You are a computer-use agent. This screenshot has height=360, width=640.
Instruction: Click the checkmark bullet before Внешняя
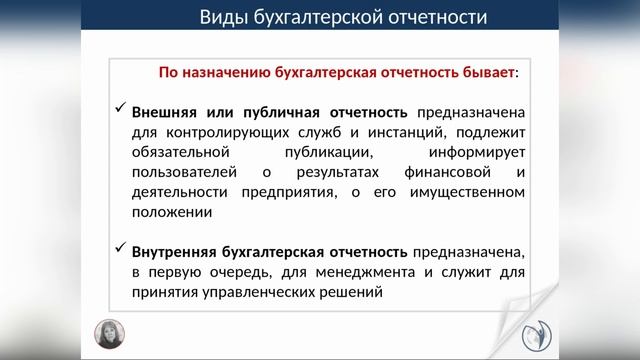tap(119, 110)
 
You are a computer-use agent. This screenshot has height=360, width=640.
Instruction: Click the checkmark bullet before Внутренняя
tap(119, 249)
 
